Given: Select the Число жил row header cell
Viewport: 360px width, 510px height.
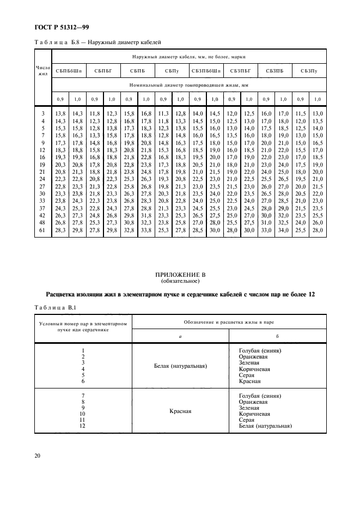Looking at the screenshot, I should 42,71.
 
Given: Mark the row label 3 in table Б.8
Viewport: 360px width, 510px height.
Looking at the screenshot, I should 43,112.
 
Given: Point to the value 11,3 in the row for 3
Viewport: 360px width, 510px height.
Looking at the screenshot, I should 162,112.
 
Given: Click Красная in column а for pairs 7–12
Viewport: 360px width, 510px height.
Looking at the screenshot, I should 180,411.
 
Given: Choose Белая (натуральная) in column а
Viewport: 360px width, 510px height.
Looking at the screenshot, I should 180,366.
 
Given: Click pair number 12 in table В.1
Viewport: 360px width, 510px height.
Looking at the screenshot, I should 83,426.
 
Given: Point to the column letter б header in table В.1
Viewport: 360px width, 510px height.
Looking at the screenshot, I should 278,337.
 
